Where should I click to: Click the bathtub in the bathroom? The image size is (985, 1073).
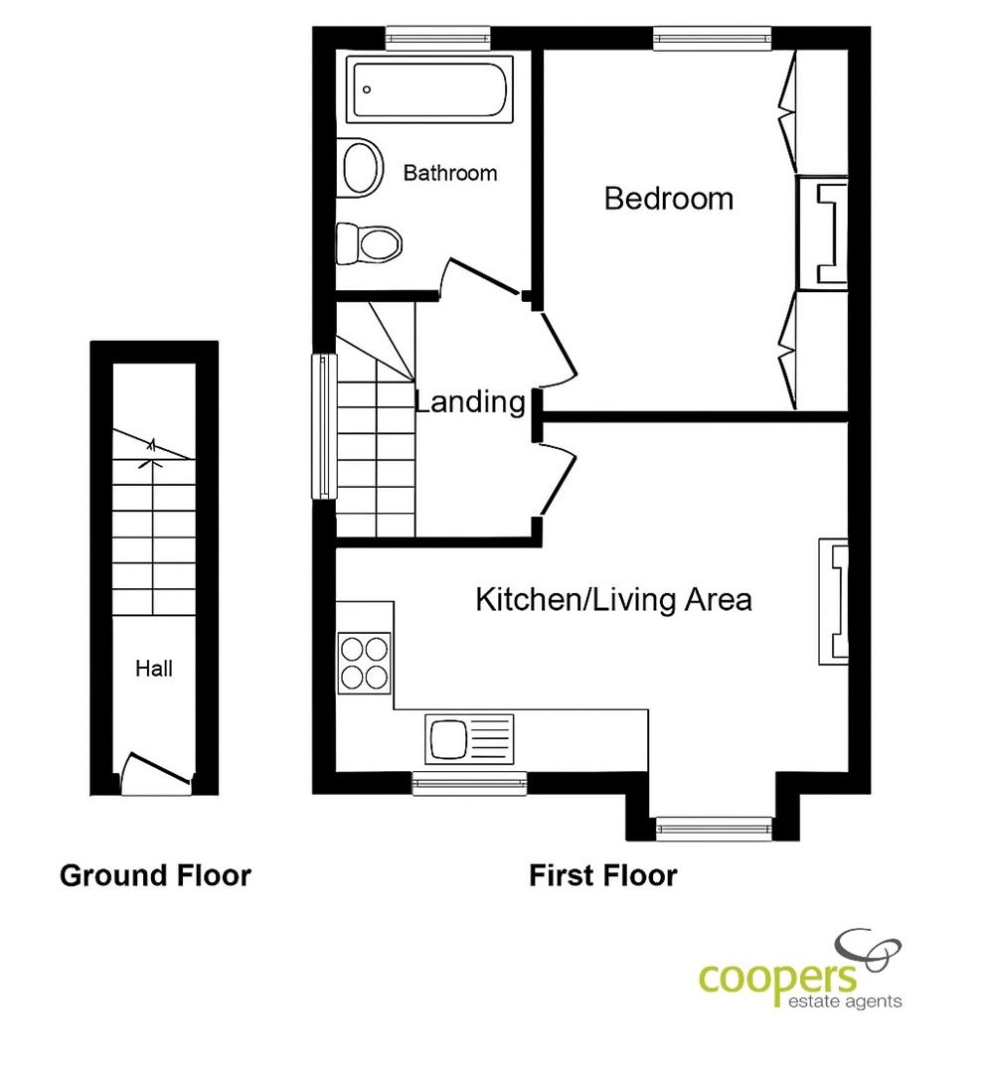coord(429,89)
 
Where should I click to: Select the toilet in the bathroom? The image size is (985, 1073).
coord(369,244)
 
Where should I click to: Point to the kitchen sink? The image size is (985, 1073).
coord(469,739)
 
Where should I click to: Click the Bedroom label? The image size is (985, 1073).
coord(669,199)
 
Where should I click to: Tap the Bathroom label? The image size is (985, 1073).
coord(449,173)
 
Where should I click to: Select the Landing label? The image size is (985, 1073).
coord(470,401)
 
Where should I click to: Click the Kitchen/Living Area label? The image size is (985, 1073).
coord(613,599)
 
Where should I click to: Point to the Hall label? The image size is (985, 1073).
coord(154,668)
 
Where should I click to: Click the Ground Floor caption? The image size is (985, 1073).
coord(155,875)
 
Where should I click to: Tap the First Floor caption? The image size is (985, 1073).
coord(603,875)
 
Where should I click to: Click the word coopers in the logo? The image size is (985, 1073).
coord(777,979)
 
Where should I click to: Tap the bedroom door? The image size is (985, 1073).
coord(558,349)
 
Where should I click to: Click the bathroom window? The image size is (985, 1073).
coord(438,39)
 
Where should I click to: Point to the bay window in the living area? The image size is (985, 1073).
coord(714,829)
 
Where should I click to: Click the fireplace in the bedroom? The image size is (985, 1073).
coord(823,232)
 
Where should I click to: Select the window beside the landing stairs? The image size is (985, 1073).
coord(324,425)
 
